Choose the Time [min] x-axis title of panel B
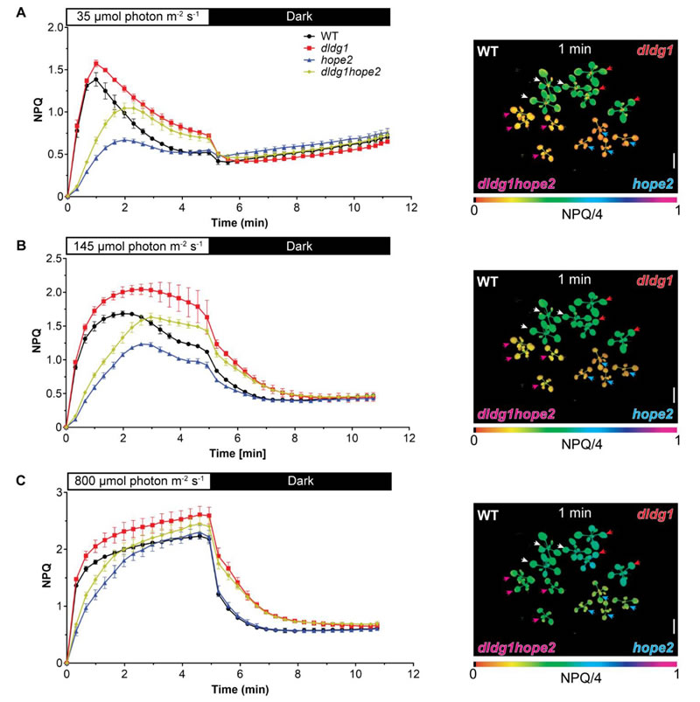235,454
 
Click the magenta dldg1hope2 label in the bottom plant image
515,648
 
